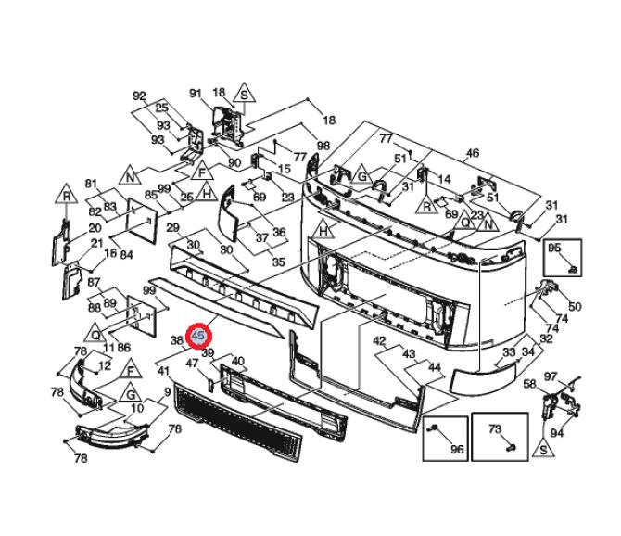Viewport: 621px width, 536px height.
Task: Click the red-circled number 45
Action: click(198, 337)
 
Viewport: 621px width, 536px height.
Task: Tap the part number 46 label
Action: click(472, 153)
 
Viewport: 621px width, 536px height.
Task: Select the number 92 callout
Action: click(139, 96)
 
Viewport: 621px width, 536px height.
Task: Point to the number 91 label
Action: click(196, 93)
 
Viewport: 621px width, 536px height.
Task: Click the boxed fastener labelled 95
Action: click(573, 270)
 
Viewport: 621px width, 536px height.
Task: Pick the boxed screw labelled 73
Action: click(512, 448)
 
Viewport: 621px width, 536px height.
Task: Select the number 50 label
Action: click(575, 306)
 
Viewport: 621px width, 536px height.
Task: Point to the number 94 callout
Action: click(557, 432)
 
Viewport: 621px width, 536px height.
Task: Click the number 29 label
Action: click(173, 228)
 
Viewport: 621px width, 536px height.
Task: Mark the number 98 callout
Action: click(323, 146)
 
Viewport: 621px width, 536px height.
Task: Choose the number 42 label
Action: click(379, 341)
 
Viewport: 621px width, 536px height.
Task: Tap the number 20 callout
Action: click(95, 228)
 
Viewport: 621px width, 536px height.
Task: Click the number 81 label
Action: click(91, 184)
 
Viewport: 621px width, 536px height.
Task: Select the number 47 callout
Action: click(193, 363)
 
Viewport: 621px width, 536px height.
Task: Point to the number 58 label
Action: click(530, 384)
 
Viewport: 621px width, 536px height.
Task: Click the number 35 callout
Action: click(279, 262)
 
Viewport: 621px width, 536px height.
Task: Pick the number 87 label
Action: click(94, 283)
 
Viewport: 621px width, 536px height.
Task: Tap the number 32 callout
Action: click(547, 338)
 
